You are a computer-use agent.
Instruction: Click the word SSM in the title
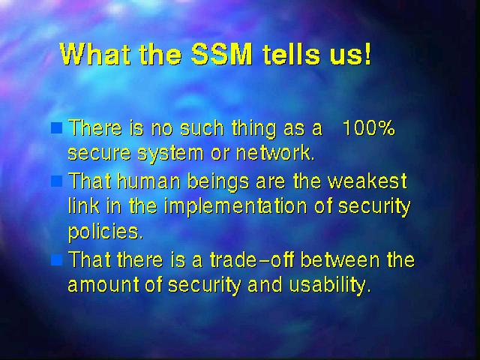point(222,55)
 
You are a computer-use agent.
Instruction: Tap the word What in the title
point(97,55)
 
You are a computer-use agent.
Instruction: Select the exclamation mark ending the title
point(367,55)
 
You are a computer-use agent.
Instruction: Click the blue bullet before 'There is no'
point(57,128)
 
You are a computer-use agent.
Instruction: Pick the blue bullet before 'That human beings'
point(57,181)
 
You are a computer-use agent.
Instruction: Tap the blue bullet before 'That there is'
point(57,260)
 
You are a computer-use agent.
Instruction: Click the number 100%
point(368,127)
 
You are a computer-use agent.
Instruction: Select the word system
point(170,153)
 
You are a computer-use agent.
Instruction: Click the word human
point(148,181)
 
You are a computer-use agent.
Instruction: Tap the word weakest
point(367,181)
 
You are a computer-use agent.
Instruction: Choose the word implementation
point(235,207)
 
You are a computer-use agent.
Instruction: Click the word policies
point(105,232)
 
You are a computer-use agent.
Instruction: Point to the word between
point(340,259)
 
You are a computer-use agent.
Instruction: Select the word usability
point(330,286)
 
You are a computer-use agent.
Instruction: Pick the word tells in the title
point(292,55)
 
